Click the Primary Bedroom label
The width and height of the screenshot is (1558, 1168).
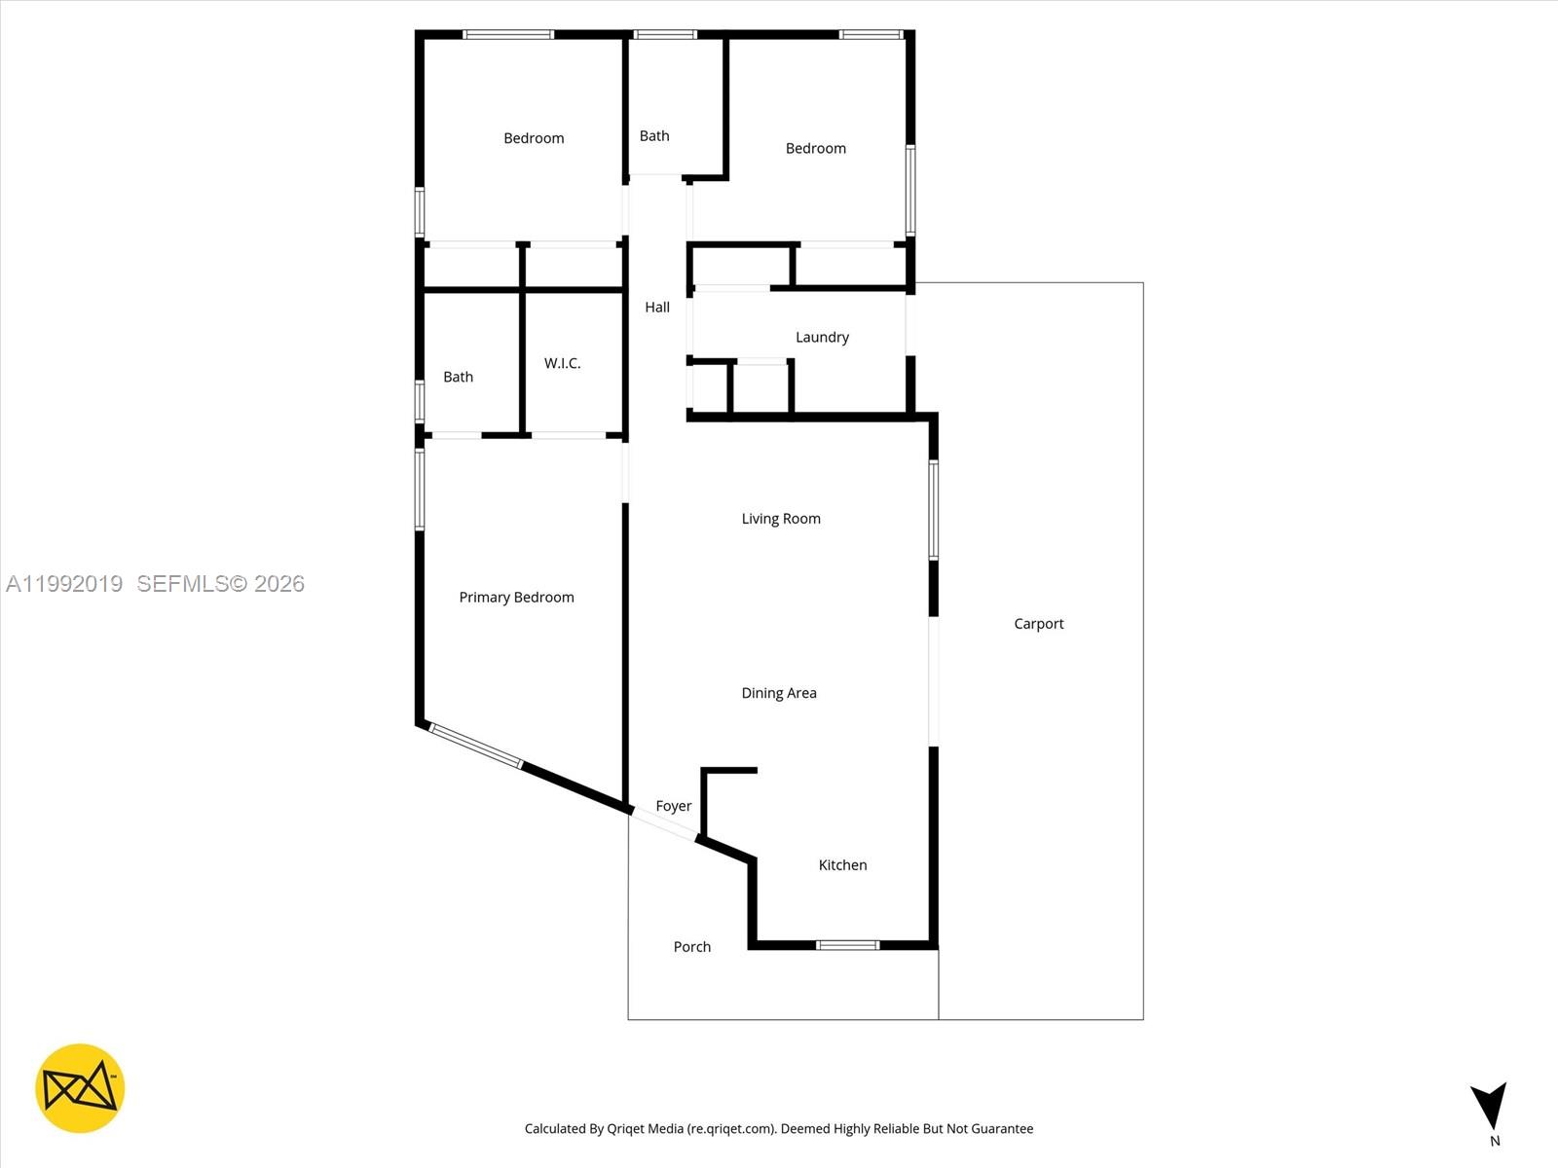[516, 597]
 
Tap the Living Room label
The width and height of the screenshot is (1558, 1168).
[781, 519]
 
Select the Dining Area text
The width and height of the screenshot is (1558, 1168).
[779, 693]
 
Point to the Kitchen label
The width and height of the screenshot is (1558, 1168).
[842, 864]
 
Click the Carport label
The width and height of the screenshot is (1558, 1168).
[1038, 624]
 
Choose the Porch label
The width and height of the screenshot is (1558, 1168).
[692, 946]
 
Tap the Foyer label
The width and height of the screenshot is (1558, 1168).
[673, 806]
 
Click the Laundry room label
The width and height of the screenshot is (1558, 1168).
[822, 337]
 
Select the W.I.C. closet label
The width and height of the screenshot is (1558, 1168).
[562, 363]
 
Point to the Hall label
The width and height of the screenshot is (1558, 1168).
[657, 307]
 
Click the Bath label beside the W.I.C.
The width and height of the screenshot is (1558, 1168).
[458, 377]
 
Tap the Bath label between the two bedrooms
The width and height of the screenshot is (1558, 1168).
[654, 136]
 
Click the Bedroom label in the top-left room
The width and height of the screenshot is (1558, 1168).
[534, 138]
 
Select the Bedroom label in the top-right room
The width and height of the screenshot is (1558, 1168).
[816, 148]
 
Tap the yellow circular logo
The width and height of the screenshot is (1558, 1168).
[80, 1088]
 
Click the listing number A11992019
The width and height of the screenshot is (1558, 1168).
[64, 583]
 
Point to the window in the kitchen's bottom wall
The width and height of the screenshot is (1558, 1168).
[847, 945]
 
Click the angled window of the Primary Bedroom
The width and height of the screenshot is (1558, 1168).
[475, 747]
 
